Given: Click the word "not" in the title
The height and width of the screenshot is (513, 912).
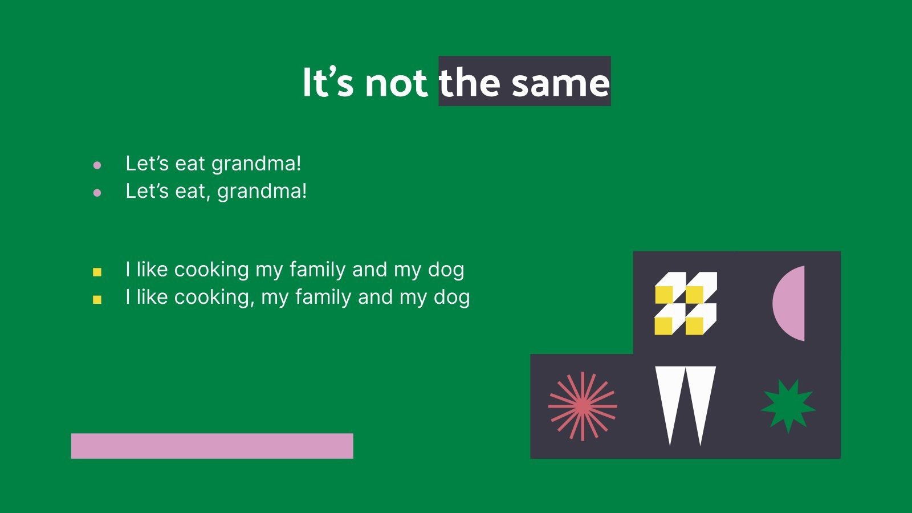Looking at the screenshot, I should pos(396,83).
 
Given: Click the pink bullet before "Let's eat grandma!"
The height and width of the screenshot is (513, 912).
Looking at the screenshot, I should pos(97,165).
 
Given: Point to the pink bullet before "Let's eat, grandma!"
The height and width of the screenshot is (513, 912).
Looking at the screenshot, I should pos(97,193).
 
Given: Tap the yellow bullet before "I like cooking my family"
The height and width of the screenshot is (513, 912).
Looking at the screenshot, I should pos(97,272).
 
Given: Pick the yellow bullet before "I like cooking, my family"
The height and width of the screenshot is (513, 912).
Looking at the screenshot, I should pos(97,299).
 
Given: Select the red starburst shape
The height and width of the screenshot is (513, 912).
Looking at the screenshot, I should pos(583,406).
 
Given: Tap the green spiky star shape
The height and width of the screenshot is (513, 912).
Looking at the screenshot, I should pos(788,406).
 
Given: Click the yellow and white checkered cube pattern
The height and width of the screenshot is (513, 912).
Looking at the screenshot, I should pos(686,303).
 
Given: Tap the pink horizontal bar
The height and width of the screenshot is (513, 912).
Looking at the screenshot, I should pos(212,446).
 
